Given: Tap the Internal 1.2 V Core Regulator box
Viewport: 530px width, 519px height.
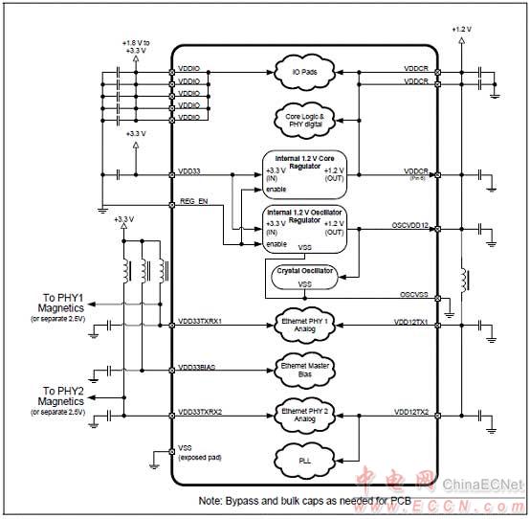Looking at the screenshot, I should tap(303, 172).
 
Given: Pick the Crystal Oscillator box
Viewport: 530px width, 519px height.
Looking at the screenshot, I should tap(303, 278).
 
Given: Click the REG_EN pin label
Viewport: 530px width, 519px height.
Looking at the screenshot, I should tap(193, 201).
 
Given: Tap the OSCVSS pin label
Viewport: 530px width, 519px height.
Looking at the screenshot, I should tap(416, 294).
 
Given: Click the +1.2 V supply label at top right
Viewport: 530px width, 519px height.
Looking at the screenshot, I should tap(461, 30).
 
